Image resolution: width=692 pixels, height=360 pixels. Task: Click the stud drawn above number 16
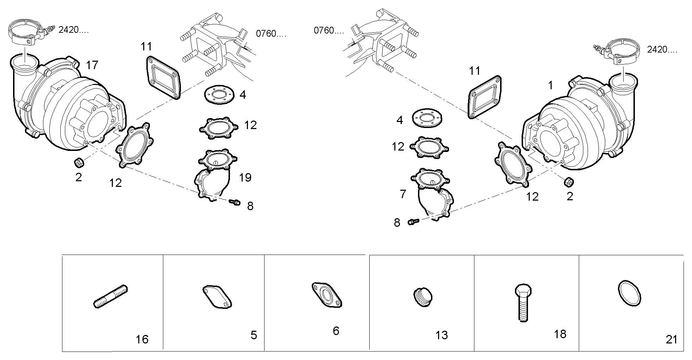(x=110, y=297)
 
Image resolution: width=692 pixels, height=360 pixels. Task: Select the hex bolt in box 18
(x=522, y=303)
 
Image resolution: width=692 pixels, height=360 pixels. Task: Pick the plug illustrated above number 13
(x=423, y=297)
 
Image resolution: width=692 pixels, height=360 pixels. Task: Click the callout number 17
(x=92, y=65)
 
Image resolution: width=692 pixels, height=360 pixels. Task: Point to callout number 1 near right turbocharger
(x=551, y=85)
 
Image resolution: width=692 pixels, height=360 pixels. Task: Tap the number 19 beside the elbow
(x=245, y=177)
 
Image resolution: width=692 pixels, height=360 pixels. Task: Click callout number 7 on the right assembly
(x=403, y=194)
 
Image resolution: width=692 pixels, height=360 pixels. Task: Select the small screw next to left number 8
(x=235, y=202)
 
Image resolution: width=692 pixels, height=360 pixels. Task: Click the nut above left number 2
(x=78, y=163)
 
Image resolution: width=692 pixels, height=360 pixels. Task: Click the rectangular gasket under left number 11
(x=164, y=77)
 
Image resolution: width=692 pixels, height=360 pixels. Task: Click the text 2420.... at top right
(x=662, y=50)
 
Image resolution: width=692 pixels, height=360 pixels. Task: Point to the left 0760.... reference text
(x=271, y=34)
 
